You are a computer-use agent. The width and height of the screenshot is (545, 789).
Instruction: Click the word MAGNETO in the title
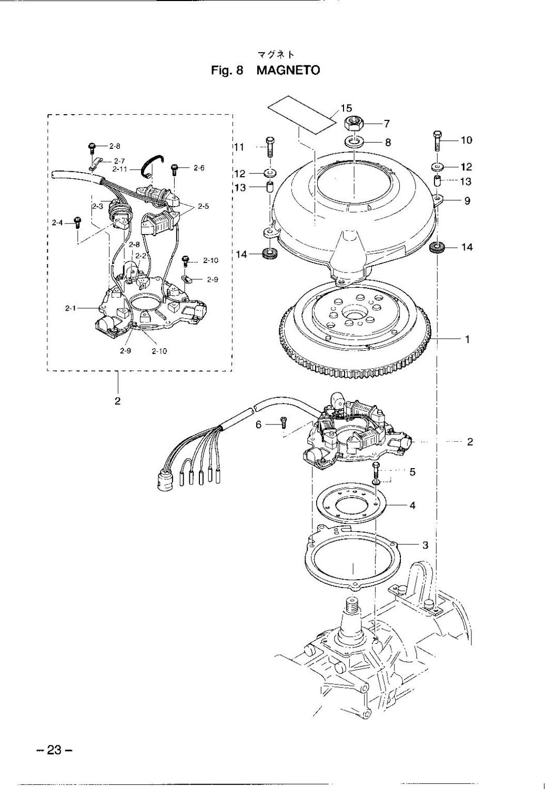pyautogui.click(x=288, y=70)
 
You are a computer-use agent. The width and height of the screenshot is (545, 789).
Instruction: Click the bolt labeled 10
pyautogui.click(x=437, y=140)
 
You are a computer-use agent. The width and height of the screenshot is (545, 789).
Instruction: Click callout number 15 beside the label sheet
pyautogui.click(x=346, y=108)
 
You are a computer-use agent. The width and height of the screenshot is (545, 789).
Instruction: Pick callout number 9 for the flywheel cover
pyautogui.click(x=467, y=201)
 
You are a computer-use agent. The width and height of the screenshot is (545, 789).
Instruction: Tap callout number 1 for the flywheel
pyautogui.click(x=468, y=339)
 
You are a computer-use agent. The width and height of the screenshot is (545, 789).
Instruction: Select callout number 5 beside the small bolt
pyautogui.click(x=412, y=472)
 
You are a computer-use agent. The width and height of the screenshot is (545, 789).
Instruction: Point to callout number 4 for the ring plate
pyautogui.click(x=412, y=505)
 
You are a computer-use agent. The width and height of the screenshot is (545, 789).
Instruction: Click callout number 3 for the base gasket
pyautogui.click(x=425, y=545)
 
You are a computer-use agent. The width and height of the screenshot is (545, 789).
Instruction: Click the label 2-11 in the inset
pyautogui.click(x=120, y=169)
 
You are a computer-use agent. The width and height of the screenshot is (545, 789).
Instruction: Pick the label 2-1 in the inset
pyautogui.click(x=70, y=308)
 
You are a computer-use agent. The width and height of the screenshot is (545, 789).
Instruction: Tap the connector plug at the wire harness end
pyautogui.click(x=165, y=479)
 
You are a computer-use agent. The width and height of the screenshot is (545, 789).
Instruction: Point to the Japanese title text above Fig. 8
pyautogui.click(x=276, y=55)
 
